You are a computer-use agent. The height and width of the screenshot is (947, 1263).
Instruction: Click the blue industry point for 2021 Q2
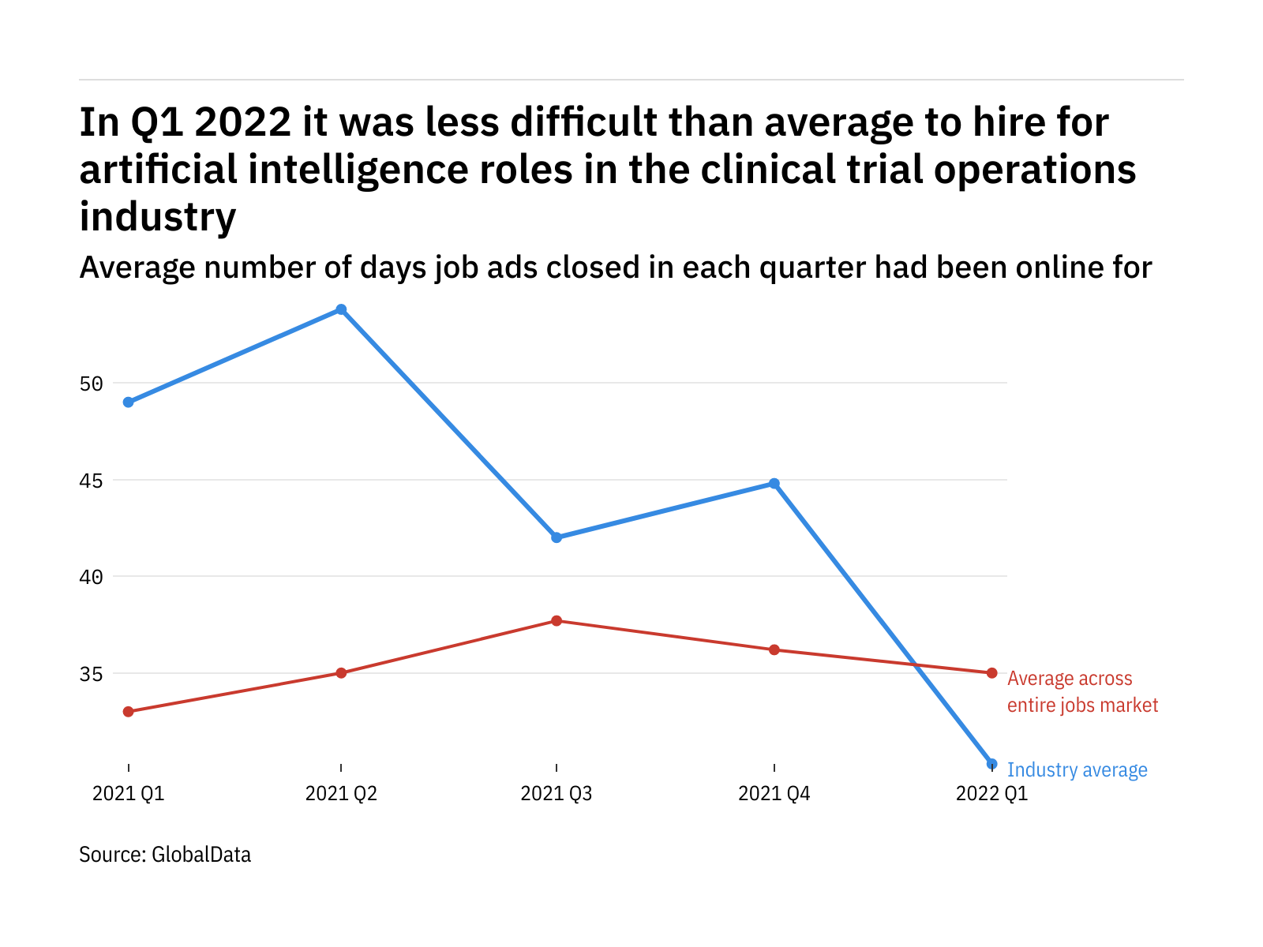click(x=341, y=309)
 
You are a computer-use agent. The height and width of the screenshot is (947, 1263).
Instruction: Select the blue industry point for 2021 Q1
click(x=129, y=402)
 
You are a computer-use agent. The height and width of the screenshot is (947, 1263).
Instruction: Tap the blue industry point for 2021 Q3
click(x=557, y=537)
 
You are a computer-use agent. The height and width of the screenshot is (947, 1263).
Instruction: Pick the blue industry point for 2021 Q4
click(x=774, y=484)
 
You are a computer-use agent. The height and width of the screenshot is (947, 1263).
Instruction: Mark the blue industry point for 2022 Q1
click(x=992, y=764)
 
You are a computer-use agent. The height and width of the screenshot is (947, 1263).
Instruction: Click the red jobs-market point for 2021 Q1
click(x=129, y=712)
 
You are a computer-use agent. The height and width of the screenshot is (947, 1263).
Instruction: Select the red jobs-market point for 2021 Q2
click(x=341, y=673)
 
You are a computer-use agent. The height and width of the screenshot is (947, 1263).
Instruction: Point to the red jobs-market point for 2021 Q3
click(x=557, y=621)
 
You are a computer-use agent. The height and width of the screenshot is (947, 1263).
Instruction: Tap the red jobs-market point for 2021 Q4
click(x=774, y=650)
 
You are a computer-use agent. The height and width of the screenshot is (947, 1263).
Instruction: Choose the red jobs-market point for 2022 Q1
click(x=992, y=673)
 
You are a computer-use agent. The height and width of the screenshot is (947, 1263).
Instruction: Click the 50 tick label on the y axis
click(x=92, y=384)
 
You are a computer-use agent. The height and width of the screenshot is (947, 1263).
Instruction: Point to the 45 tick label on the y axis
click(x=92, y=481)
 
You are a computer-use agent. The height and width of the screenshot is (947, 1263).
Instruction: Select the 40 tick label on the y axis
click(x=92, y=578)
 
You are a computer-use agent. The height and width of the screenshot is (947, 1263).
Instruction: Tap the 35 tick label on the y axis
click(x=92, y=675)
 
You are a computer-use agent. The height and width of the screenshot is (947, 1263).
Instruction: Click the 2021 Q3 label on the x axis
click(x=557, y=793)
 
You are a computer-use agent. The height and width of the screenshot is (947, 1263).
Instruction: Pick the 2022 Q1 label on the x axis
click(x=992, y=793)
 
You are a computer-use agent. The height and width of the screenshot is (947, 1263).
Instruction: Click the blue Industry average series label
click(x=1077, y=770)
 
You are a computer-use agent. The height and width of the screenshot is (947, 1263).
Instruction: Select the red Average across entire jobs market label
click(x=1082, y=692)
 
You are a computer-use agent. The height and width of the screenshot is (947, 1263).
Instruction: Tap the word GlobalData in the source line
click(x=201, y=855)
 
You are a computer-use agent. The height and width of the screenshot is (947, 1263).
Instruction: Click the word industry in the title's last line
click(x=158, y=217)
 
